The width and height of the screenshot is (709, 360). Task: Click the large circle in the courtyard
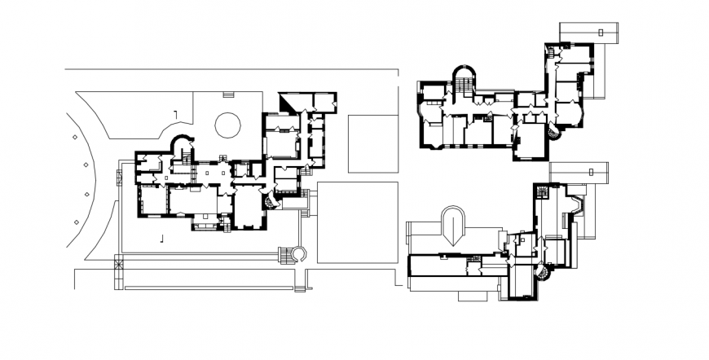click(x=227, y=125)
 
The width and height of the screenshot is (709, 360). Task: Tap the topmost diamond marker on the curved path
click(x=74, y=138)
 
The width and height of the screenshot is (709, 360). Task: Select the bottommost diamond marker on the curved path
click(x=77, y=222)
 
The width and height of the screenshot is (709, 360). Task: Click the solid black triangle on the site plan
click(x=288, y=101)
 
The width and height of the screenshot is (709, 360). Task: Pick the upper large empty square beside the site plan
click(x=372, y=143)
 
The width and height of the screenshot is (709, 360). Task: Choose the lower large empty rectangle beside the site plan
click(x=357, y=222)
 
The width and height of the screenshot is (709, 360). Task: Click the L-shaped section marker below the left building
click(x=162, y=238)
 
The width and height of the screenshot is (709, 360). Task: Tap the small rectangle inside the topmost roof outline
click(x=601, y=33)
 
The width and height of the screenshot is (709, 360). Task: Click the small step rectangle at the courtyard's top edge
click(x=229, y=94)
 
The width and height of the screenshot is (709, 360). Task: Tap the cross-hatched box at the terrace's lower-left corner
click(x=118, y=262)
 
